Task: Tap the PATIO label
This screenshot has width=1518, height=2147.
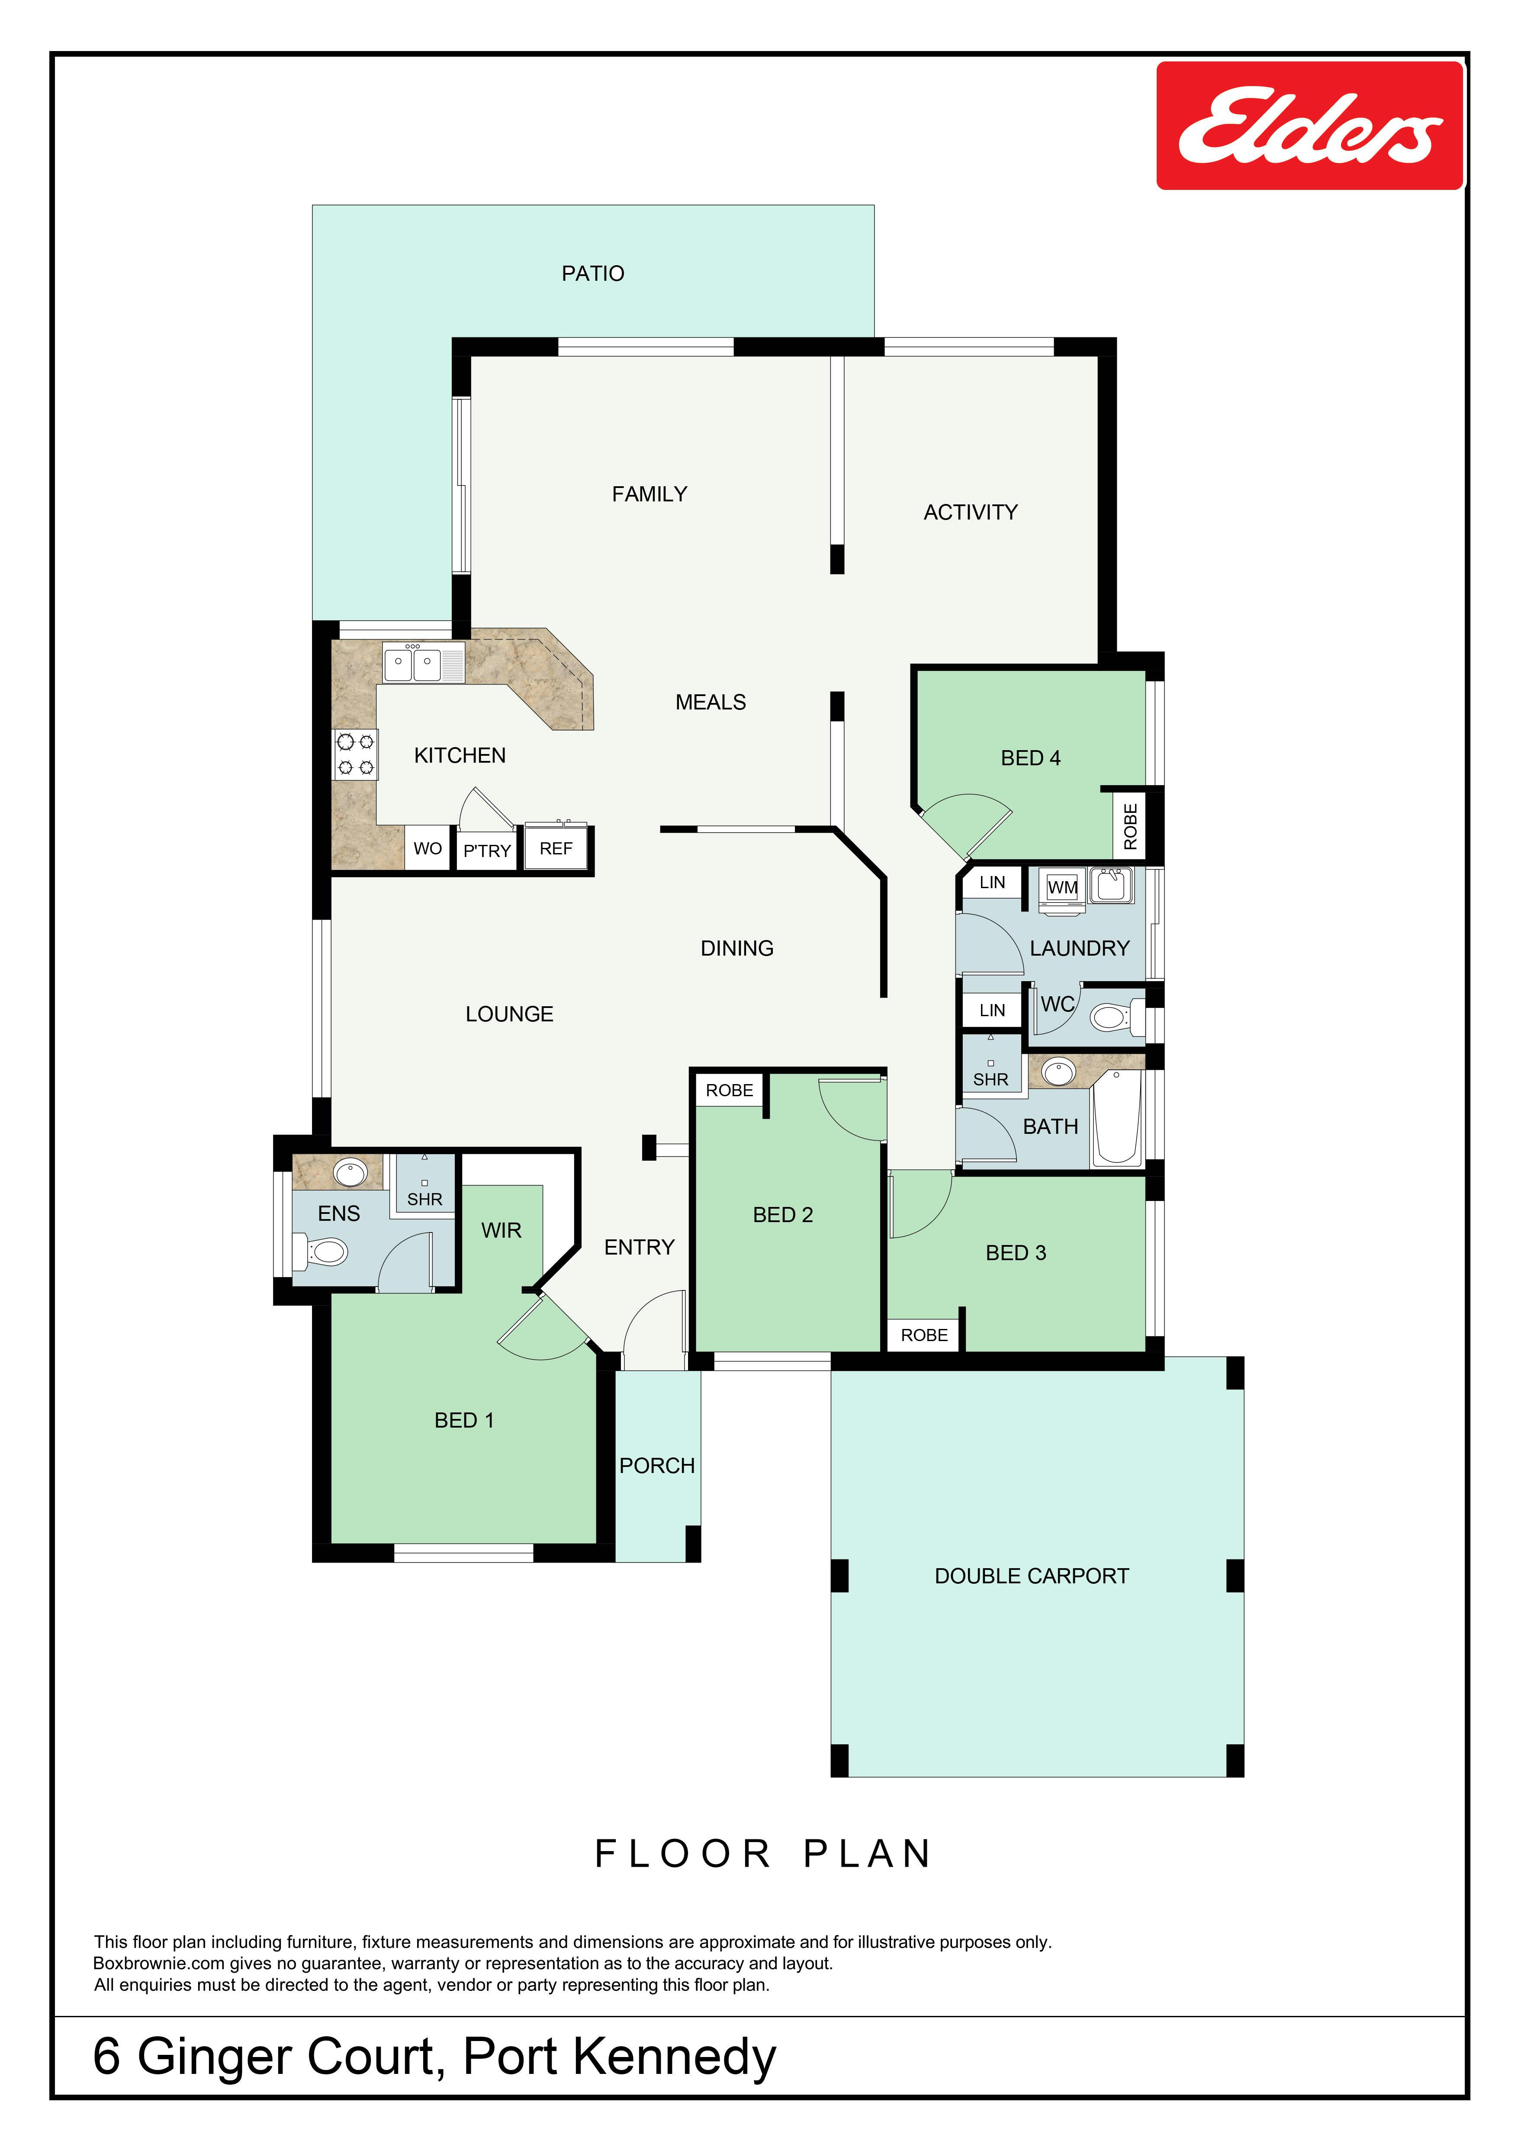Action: coord(593,273)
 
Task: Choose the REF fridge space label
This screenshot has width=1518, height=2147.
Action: coord(556,848)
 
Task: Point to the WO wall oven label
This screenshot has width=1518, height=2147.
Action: coord(428,848)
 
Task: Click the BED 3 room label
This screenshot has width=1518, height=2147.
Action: coord(1016,1252)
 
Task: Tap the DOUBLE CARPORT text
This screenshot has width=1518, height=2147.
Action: coord(1032,1576)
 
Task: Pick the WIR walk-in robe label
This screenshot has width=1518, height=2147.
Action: coord(502,1229)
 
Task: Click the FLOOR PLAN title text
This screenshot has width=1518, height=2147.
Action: coord(763,1853)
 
